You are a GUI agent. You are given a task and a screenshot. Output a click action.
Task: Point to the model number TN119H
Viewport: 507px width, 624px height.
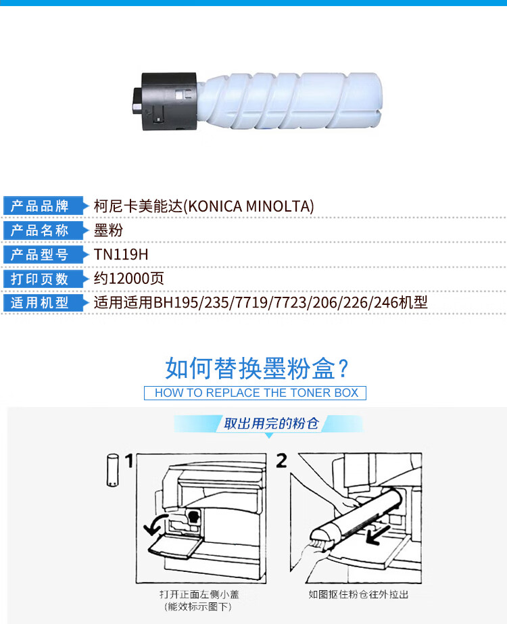121,255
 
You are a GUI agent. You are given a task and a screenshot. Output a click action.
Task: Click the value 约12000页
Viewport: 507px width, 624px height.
128,279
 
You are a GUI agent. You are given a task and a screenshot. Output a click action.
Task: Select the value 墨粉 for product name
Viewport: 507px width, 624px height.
108,231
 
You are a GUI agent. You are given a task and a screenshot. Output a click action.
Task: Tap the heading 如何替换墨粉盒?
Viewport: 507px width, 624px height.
257,368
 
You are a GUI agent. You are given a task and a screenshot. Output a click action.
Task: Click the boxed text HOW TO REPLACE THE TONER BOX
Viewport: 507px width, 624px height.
255,393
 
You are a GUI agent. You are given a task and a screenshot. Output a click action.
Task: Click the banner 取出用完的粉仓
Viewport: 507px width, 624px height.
270,423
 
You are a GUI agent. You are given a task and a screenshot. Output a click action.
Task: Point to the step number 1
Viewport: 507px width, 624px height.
129,461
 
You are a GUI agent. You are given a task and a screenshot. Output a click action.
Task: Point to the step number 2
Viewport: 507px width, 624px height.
281,461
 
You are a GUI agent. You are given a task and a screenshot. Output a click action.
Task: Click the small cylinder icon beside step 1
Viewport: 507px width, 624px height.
113,470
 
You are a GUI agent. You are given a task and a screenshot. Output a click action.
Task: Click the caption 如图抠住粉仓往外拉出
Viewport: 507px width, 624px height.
358,594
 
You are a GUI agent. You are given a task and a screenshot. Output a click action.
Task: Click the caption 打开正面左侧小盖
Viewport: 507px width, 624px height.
199,594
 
